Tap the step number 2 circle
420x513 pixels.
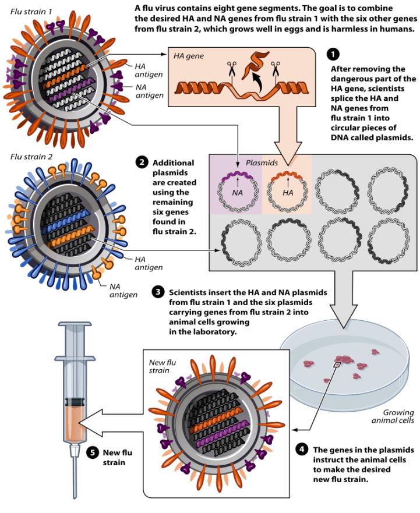tap(142, 162)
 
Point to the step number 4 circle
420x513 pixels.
tap(301, 450)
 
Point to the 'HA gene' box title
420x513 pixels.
tap(188, 56)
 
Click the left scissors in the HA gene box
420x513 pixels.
tap(232, 71)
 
